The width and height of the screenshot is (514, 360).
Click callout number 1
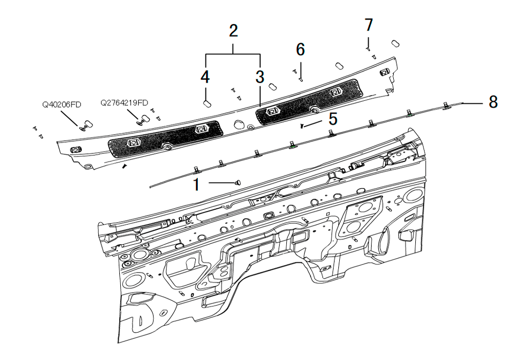pyautogui.click(x=196, y=185)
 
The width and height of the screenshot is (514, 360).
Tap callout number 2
pyautogui.click(x=233, y=31)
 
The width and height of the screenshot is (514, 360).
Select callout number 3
pyautogui.click(x=260, y=77)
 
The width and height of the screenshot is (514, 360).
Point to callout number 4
pyautogui.click(x=205, y=77)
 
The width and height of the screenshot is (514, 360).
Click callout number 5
pyautogui.click(x=333, y=119)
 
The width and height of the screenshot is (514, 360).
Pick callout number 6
pyautogui.click(x=301, y=49)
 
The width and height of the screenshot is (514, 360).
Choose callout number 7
pyautogui.click(x=369, y=25)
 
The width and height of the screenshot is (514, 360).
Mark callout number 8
pyautogui.click(x=493, y=102)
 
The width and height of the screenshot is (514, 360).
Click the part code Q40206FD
pyautogui.click(x=62, y=105)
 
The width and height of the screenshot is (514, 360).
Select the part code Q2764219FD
pyautogui.click(x=124, y=103)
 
